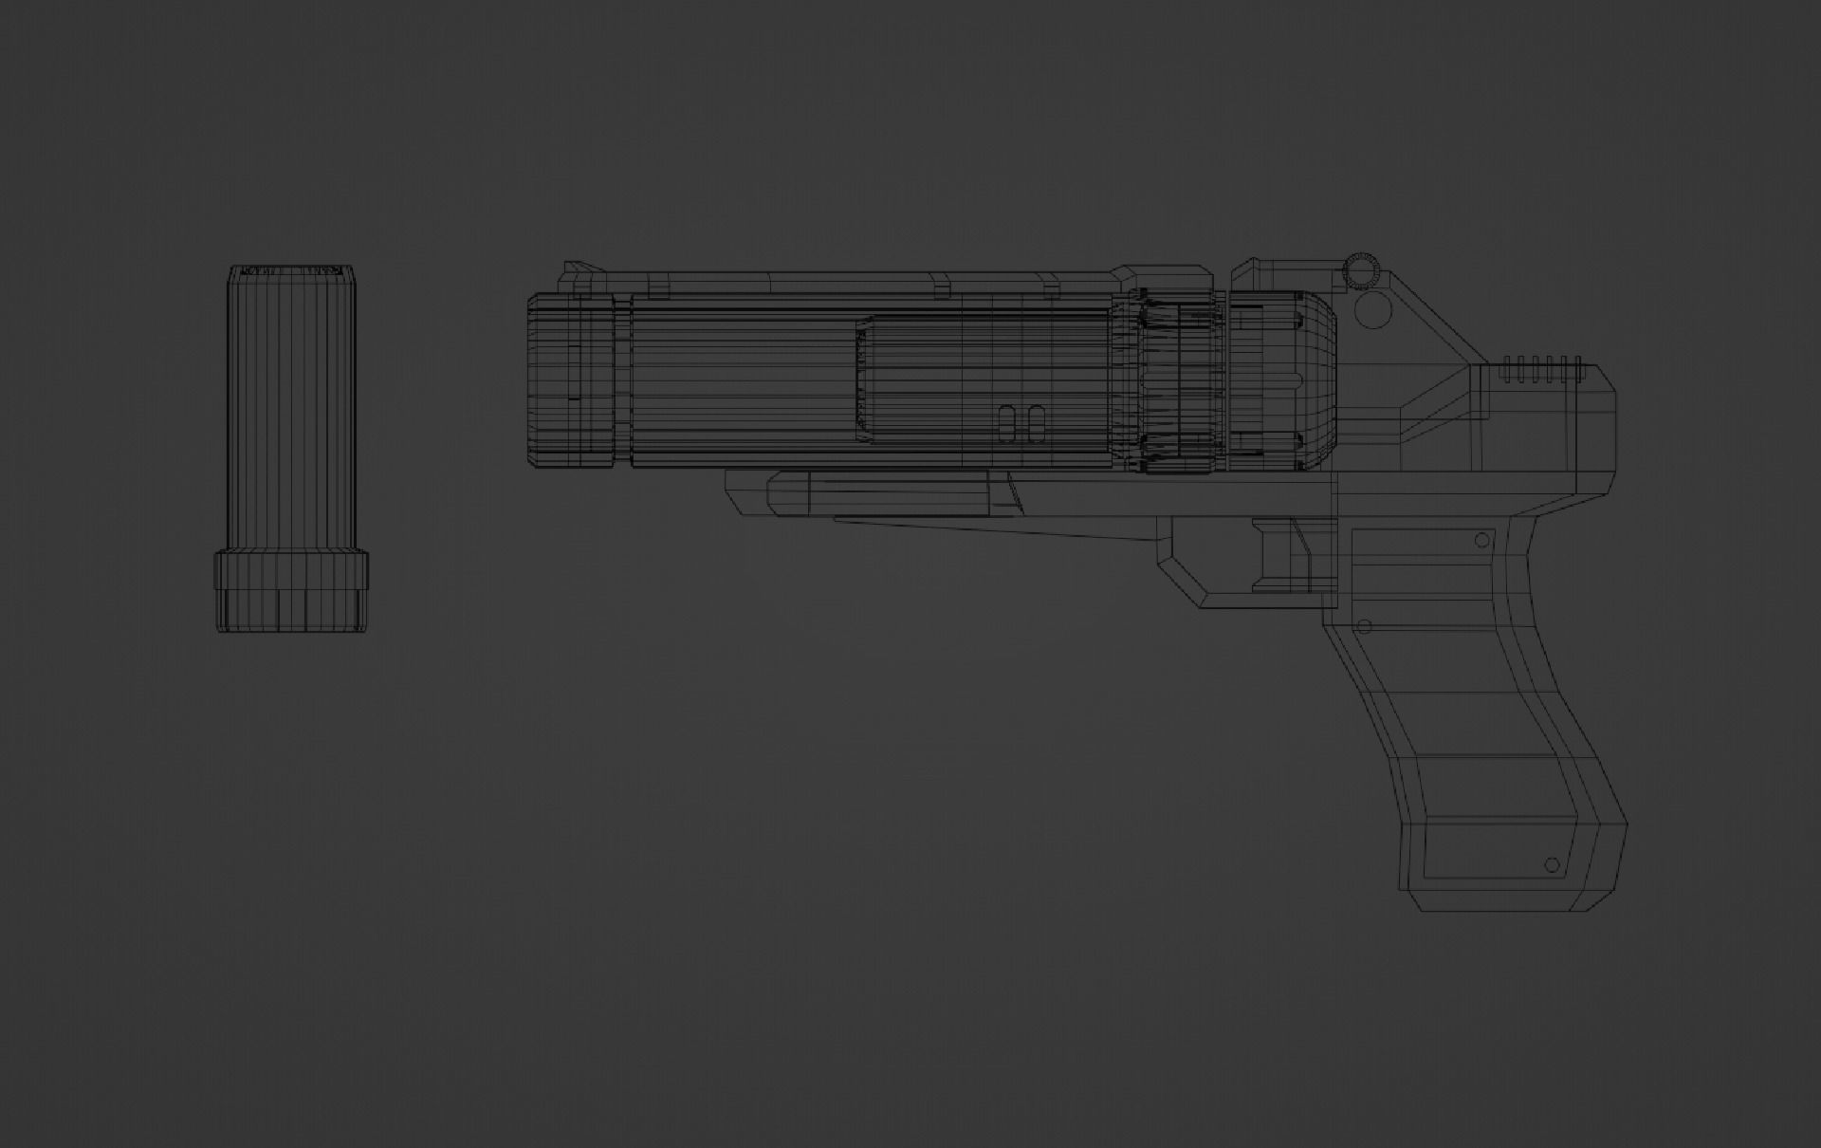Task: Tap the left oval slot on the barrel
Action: pos(1008,425)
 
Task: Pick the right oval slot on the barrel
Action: pos(1036,425)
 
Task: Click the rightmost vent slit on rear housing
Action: pos(1577,369)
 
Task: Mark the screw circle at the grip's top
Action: pos(1482,540)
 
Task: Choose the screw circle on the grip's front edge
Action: pos(1365,626)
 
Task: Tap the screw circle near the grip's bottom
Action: pos(1552,864)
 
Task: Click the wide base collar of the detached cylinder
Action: pos(290,571)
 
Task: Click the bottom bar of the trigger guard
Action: pos(1261,601)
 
